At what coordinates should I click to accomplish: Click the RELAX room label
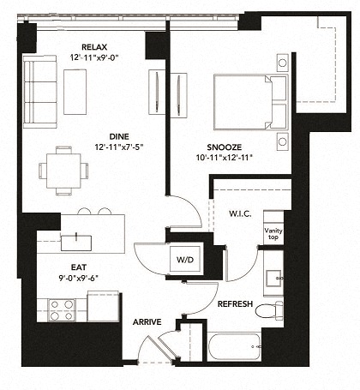(93, 46)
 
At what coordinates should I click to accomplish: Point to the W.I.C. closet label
(239, 213)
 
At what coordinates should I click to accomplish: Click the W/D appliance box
(184, 259)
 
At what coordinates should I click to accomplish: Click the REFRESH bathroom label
(234, 303)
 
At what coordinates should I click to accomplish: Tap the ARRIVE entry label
(147, 322)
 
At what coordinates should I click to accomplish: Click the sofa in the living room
(39, 89)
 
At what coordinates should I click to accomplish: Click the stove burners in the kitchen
(62, 309)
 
